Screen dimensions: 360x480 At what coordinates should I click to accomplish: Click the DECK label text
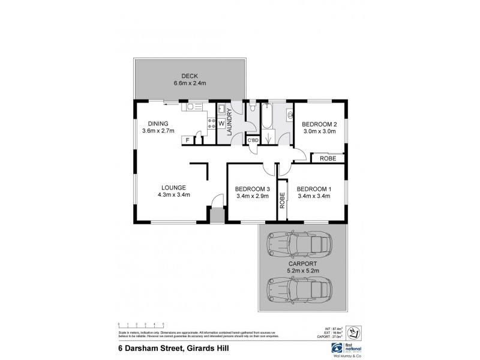tap(190, 76)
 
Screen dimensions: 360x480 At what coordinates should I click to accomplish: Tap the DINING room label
tap(155, 124)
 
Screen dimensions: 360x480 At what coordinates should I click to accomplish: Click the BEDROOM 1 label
tap(313, 187)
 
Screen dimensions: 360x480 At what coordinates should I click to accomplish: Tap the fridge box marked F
tap(188, 140)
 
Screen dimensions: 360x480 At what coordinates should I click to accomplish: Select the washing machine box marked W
tap(221, 124)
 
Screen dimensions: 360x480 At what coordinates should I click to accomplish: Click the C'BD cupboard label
tap(253, 140)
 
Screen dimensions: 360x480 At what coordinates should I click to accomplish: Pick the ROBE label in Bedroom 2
tap(328, 158)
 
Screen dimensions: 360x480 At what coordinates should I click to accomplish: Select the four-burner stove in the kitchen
tap(211, 124)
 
